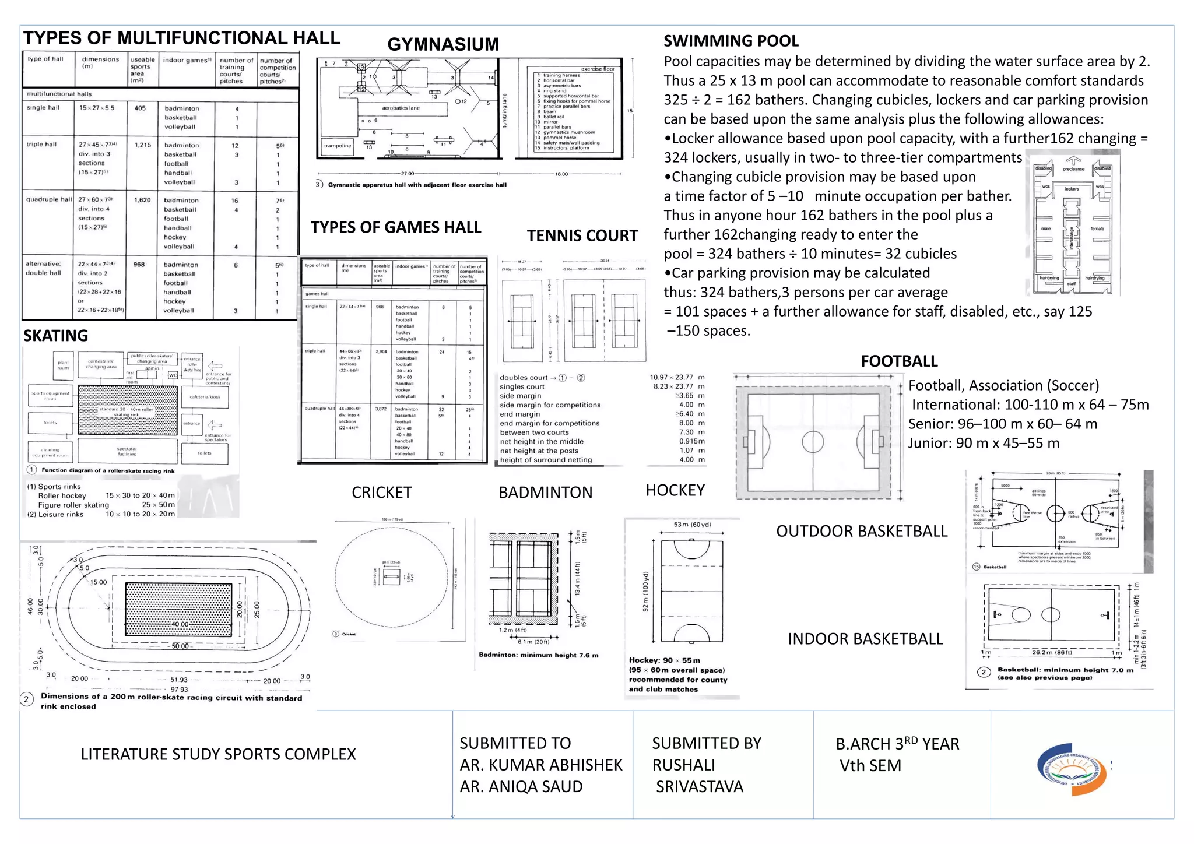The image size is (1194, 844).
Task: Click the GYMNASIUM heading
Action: [443, 44]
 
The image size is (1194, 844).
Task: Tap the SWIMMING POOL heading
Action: [731, 41]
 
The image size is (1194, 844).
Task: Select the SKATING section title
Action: [56, 336]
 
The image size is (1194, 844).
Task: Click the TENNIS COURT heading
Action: [582, 235]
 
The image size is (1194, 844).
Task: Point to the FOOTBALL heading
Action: [899, 361]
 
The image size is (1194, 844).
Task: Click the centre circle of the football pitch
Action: [813, 442]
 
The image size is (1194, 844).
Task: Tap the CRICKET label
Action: [381, 493]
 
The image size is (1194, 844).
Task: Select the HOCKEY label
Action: [675, 490]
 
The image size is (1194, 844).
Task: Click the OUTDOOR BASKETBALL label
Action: [862, 531]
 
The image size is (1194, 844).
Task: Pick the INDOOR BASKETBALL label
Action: [865, 639]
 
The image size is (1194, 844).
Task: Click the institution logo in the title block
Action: [1071, 769]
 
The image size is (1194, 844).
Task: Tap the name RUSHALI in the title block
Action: [683, 765]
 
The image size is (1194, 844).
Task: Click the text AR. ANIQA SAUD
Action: [521, 786]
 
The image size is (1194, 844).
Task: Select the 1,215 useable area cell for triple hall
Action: [142, 145]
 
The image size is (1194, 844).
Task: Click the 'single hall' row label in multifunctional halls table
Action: [43, 108]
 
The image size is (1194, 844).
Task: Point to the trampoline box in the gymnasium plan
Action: [338, 146]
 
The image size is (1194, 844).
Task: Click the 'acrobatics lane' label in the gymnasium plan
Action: [401, 108]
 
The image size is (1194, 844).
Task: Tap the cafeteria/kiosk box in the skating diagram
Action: [205, 397]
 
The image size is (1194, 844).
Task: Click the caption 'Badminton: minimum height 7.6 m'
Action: [538, 655]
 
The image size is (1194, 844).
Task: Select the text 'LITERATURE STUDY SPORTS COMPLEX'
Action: [218, 754]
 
